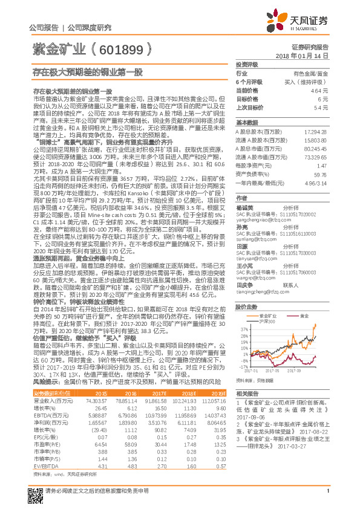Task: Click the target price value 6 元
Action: point(323,98)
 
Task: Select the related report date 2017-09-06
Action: point(250,417)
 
